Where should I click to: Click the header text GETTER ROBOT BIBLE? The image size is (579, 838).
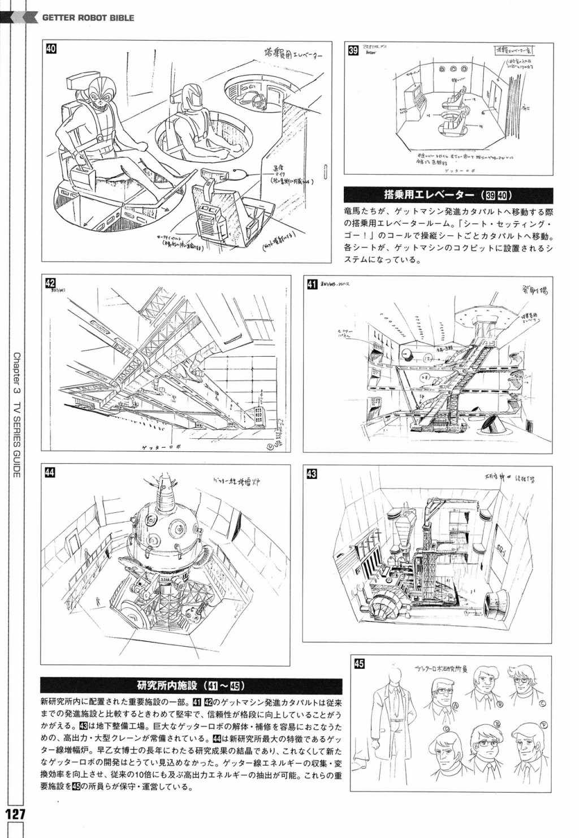coord(88,18)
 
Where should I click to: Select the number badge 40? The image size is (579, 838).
coord(51,49)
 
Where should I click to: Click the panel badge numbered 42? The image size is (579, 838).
coord(50,283)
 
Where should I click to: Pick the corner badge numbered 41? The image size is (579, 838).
coord(311,284)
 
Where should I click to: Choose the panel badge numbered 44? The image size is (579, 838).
coord(50,474)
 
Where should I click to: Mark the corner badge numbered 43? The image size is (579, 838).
coord(311,474)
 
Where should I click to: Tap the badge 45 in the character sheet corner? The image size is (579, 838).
coord(358,664)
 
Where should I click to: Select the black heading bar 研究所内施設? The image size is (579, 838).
coord(190,686)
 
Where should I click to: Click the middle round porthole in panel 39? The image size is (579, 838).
coord(452,68)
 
